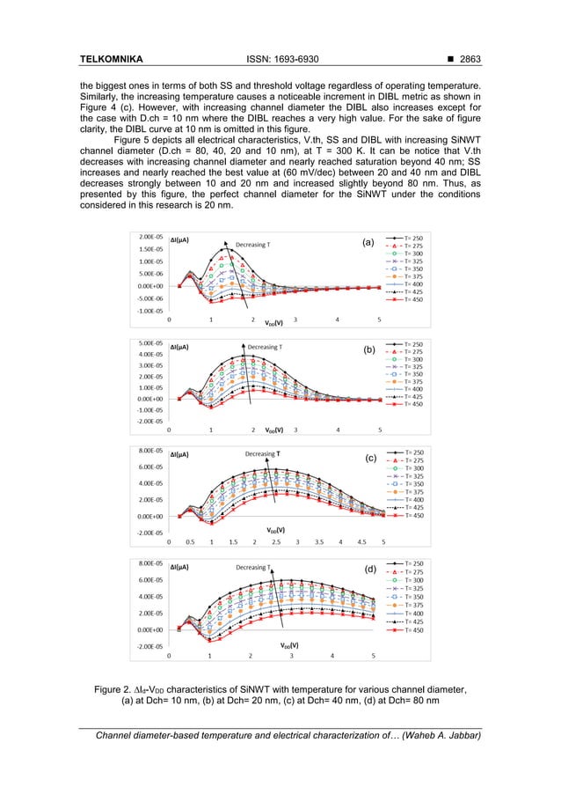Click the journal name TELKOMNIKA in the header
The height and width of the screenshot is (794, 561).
[111, 60]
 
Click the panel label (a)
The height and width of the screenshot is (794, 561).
[369, 241]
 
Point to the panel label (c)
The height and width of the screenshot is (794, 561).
[369, 459]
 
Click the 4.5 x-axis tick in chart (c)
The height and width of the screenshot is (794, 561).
[362, 542]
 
